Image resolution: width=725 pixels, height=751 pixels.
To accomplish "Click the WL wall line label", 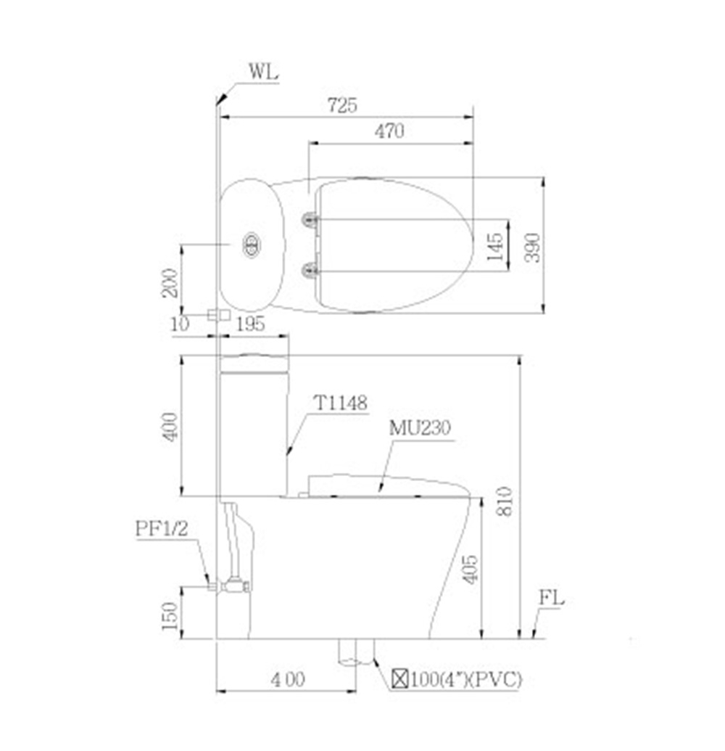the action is click(263, 73).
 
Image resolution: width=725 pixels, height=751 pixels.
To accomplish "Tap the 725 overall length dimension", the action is click(342, 105).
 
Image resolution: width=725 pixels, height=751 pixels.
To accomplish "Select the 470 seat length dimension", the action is click(389, 131).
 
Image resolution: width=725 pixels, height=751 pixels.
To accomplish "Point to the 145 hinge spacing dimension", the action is click(496, 246).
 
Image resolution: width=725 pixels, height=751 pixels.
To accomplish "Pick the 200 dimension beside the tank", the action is click(170, 282).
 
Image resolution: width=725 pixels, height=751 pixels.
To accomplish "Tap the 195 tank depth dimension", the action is click(251, 324).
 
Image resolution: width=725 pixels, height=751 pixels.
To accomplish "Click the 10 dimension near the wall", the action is click(180, 324).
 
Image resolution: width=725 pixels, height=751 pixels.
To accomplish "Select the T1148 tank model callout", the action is click(340, 403).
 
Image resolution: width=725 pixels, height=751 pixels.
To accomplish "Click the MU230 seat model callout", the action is click(420, 427).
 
